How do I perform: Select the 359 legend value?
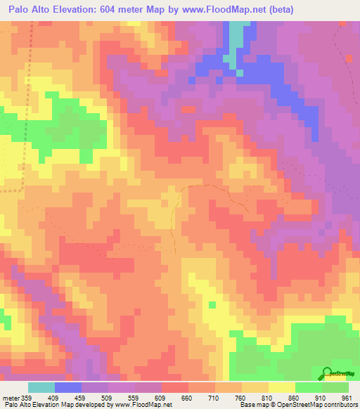click(27, 398)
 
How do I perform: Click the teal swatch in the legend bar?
click(41, 387)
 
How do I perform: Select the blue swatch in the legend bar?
click(68, 387)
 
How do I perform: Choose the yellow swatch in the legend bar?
click(282, 387)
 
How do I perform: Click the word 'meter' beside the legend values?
click(10, 398)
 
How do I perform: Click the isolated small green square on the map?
click(212, 305)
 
